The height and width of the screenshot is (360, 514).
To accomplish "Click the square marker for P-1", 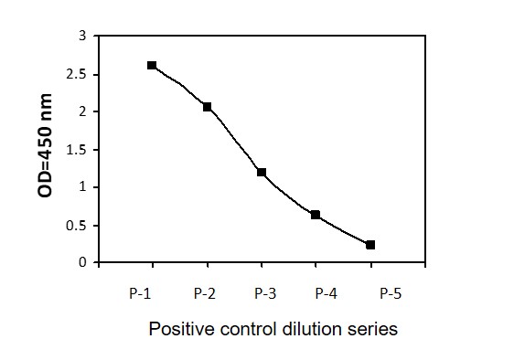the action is pos(152,65).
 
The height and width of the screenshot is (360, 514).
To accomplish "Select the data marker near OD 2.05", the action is pos(207,107).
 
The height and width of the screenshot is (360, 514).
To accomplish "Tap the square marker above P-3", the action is pos(262,172).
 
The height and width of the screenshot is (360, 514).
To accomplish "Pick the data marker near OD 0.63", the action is pos(316,215).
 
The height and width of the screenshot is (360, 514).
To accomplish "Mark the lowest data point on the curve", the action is pos(370,245).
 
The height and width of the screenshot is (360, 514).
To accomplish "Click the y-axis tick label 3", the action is pos(82,36).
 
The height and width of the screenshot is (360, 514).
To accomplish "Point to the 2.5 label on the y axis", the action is pos(76,74).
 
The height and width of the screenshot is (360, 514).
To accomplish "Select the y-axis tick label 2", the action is pos(82,111).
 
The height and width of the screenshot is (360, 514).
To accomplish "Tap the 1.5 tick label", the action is pos(76,150).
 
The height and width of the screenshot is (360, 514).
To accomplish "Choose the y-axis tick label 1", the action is pos(82,187).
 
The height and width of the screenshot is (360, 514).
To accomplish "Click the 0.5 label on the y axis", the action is pos(76,226).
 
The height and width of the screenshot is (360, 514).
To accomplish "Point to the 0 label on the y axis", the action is pos(82,262).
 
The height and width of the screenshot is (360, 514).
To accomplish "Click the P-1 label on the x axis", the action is pos(140,293).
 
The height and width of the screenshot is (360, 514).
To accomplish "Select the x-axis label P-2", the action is pos(205,293).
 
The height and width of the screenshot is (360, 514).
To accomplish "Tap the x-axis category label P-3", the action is pos(265,293).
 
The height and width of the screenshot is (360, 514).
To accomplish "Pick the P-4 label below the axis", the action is pos(326,293).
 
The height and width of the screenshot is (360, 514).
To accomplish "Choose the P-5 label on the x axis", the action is pos(391,293).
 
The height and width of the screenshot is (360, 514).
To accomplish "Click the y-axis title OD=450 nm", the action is pos(45,145).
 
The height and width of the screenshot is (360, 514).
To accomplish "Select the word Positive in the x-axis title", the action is pos(181,329).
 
